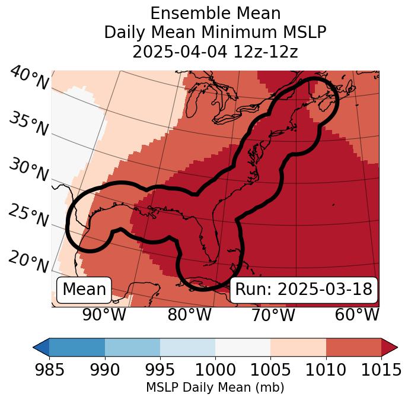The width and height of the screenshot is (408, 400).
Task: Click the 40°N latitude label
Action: [x=28, y=78]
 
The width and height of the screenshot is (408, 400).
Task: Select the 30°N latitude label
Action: [x=28, y=170]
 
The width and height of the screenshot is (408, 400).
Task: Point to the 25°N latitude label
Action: [x=28, y=216]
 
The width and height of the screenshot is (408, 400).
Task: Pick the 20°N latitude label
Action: [x=28, y=262]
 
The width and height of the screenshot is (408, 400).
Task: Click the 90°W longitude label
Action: [x=104, y=315]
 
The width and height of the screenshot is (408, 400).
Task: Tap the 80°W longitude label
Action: [x=189, y=315]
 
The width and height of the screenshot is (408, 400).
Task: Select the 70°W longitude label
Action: [x=273, y=315]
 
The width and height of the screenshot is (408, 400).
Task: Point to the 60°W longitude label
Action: [x=356, y=315]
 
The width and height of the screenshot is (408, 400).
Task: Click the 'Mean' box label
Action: [x=84, y=290]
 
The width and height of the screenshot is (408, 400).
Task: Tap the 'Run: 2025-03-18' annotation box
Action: [x=304, y=290]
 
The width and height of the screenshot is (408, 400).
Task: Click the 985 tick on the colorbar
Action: [x=49, y=370]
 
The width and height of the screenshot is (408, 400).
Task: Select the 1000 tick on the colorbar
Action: [x=215, y=370]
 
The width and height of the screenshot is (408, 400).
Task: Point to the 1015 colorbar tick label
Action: [x=381, y=370]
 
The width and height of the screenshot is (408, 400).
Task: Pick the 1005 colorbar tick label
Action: [x=270, y=370]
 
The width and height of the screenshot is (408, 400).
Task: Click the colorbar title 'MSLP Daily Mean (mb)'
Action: [x=215, y=388]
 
